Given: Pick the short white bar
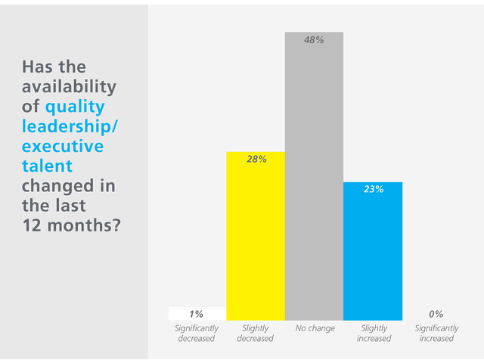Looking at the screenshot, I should [197, 313].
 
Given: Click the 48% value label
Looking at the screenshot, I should [314, 40].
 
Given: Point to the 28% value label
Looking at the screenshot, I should [256, 159].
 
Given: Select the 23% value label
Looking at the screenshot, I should [373, 189].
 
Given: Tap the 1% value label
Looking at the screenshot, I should [197, 313].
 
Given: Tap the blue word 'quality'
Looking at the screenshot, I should [74, 107].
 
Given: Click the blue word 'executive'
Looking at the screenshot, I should [62, 145].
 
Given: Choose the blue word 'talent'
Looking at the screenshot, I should [48, 165].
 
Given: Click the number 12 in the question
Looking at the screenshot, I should [32, 225].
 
